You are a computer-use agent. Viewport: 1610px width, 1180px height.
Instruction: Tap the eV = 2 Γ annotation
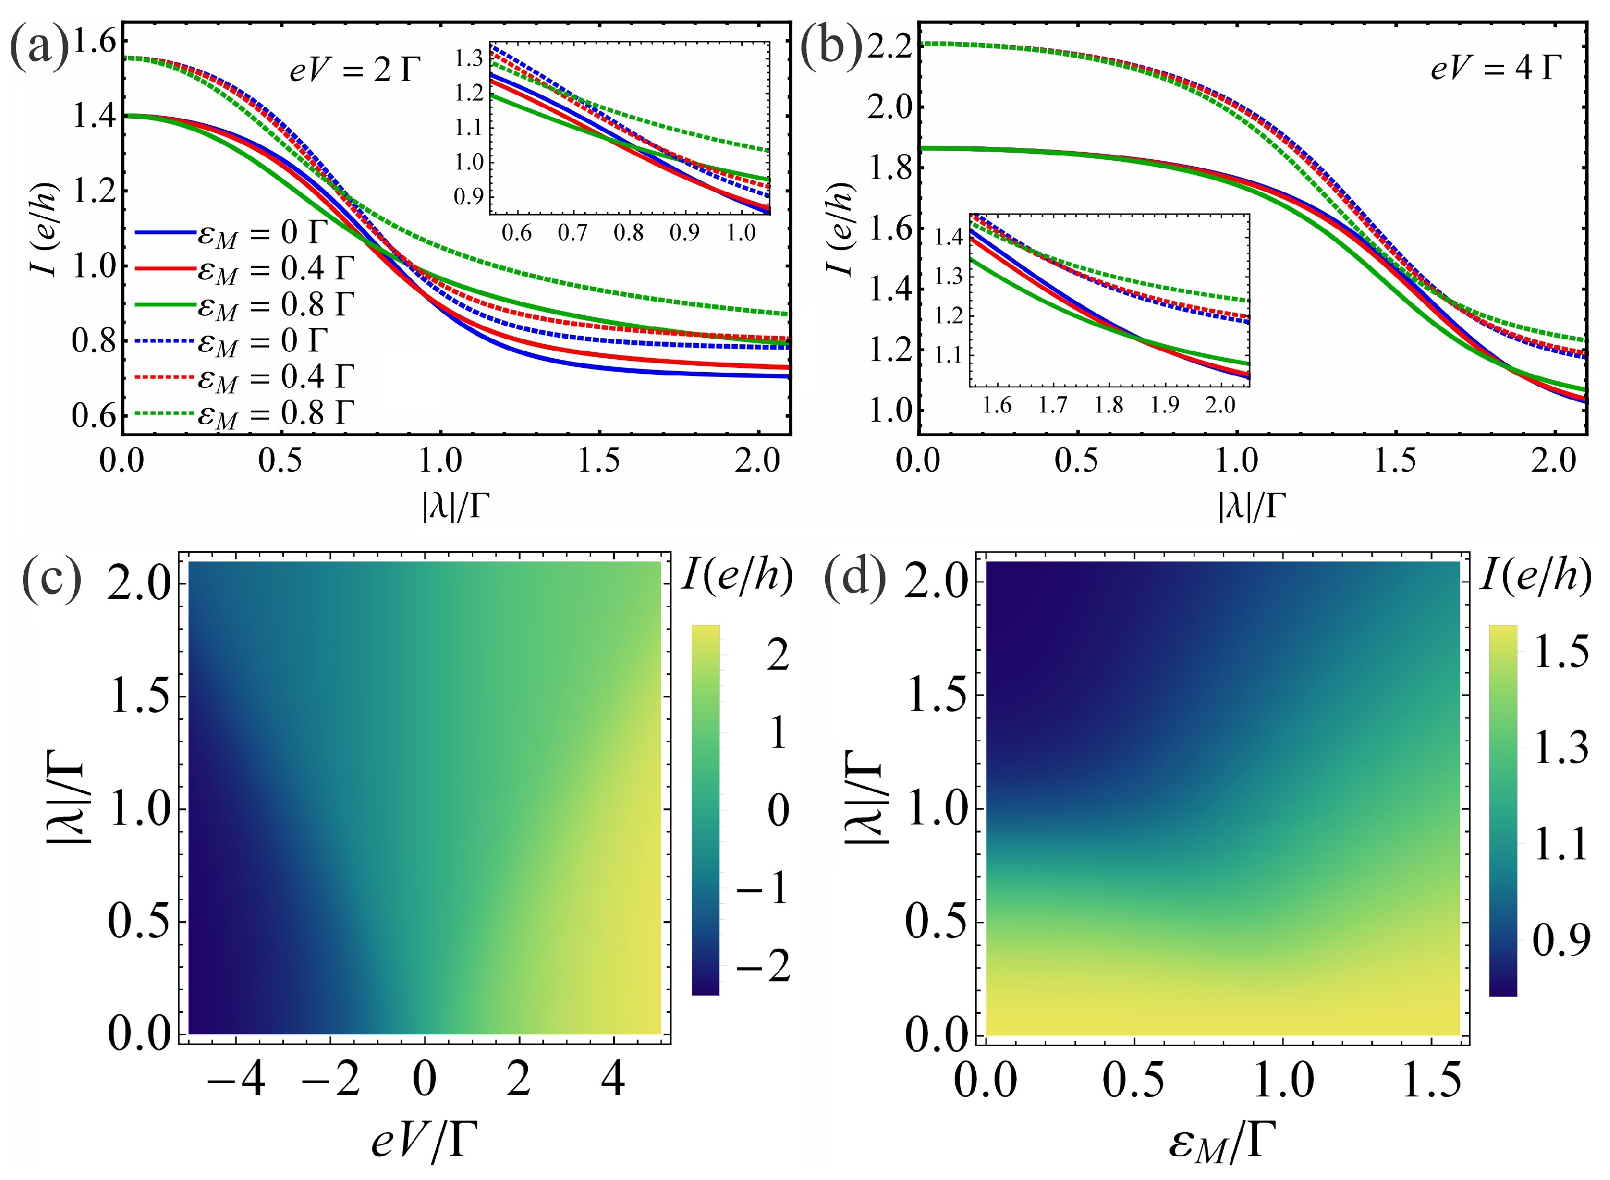coord(355,70)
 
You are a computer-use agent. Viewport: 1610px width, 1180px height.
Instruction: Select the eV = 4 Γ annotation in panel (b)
coord(1495,68)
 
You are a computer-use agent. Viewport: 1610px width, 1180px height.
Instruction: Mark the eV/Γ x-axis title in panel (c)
coord(423,1140)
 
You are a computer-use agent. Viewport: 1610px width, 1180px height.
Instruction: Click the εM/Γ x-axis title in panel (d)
coord(1222,1141)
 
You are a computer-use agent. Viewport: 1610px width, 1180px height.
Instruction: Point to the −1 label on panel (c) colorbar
coord(762,888)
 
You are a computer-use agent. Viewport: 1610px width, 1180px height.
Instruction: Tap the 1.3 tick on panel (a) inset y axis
coord(469,59)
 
